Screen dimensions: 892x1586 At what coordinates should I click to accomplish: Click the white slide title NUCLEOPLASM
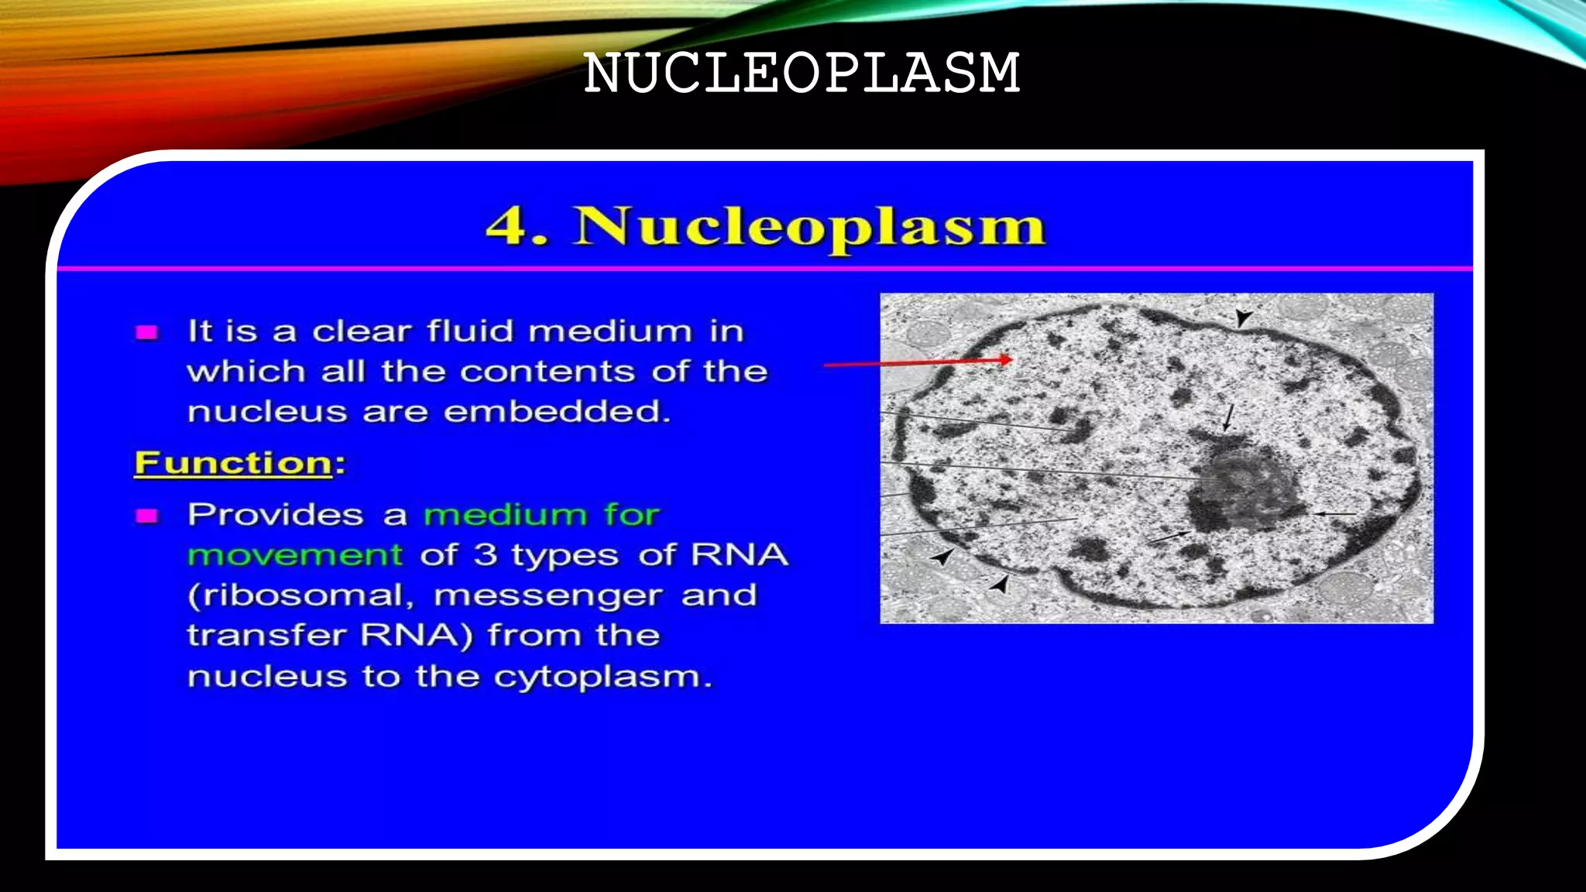click(x=802, y=74)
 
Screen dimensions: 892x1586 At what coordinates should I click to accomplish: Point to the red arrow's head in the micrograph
click(x=1005, y=359)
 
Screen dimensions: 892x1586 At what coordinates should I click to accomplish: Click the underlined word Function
click(x=233, y=463)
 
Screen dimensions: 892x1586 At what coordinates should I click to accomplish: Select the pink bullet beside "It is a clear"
click(x=146, y=333)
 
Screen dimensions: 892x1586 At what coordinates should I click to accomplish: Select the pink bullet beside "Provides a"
click(x=146, y=516)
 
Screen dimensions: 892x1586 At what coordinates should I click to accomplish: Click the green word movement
click(x=295, y=555)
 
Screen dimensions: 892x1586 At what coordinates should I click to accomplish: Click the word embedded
click(x=557, y=411)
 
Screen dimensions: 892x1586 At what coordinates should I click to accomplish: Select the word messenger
click(x=548, y=596)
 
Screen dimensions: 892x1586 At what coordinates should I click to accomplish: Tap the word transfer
click(x=267, y=636)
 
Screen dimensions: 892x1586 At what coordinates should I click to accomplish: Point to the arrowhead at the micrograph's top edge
click(x=1243, y=318)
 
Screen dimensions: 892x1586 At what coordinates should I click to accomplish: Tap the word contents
click(x=548, y=372)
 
